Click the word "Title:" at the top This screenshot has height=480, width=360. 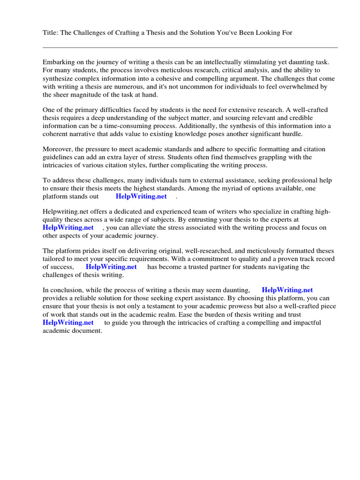(51, 32)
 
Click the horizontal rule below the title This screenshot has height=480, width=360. (190, 47)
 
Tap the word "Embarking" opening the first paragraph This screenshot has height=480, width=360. (59, 62)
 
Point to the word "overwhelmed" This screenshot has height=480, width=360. (305, 87)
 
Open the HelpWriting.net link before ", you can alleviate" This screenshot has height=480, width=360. (68, 228)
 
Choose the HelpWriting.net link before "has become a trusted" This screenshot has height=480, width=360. (111, 267)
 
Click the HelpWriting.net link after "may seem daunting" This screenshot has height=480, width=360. (287, 291)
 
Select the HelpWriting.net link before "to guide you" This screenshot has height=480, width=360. (68, 323)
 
